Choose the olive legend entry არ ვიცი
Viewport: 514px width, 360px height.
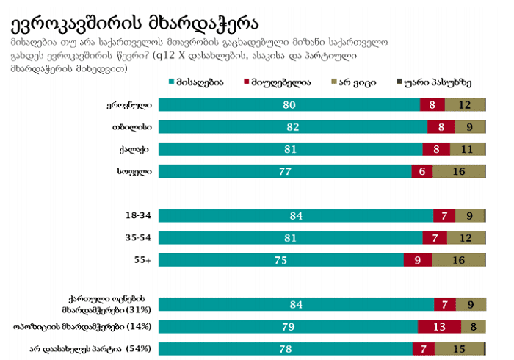pos(356,83)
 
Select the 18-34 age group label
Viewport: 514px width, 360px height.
pos(140,216)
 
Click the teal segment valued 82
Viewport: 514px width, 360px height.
pos(293,127)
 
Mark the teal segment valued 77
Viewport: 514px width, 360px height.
pos(285,171)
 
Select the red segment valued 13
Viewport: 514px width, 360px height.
pos(439,326)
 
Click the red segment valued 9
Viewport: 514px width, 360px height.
pos(417,260)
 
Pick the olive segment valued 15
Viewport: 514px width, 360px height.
pos(459,348)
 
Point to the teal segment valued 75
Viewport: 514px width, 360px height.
pos(280,260)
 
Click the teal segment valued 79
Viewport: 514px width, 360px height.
pos(288,326)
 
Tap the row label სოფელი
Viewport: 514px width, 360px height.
pos(134,171)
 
